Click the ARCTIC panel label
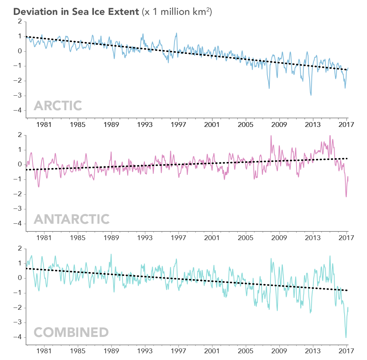[58, 106]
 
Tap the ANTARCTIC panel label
[72, 219]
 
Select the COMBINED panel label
[71, 332]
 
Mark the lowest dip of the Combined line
[346, 337]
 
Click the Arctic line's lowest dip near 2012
[311, 95]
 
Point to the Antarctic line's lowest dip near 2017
[346, 197]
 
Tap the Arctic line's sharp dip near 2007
[269, 88]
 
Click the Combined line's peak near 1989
[111, 254]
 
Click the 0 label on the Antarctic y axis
[20, 165]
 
